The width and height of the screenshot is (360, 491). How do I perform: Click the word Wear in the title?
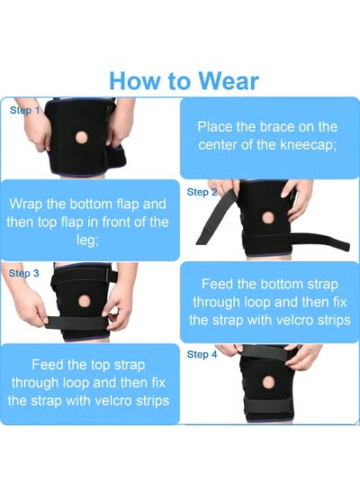click(229, 81)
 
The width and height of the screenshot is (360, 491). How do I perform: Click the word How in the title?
click(129, 81)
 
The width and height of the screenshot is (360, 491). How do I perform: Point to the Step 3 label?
click(24, 273)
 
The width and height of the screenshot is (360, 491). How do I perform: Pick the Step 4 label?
click(202, 355)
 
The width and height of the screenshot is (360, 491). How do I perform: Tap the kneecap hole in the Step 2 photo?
click(268, 217)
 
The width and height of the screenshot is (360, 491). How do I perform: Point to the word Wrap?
click(26, 206)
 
